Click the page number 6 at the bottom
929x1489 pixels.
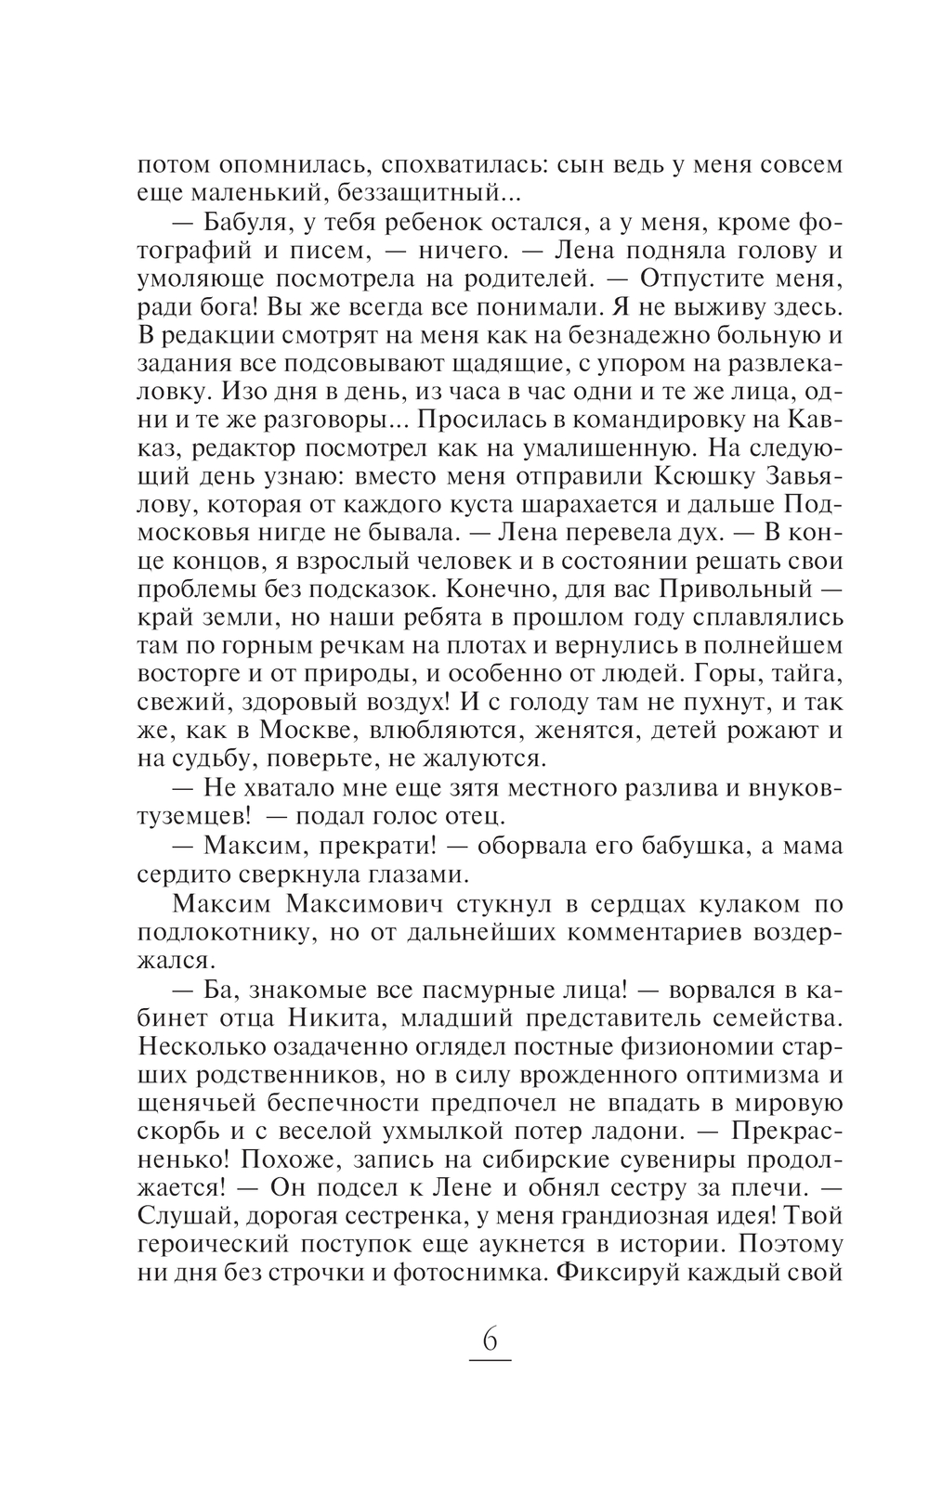(x=490, y=1341)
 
